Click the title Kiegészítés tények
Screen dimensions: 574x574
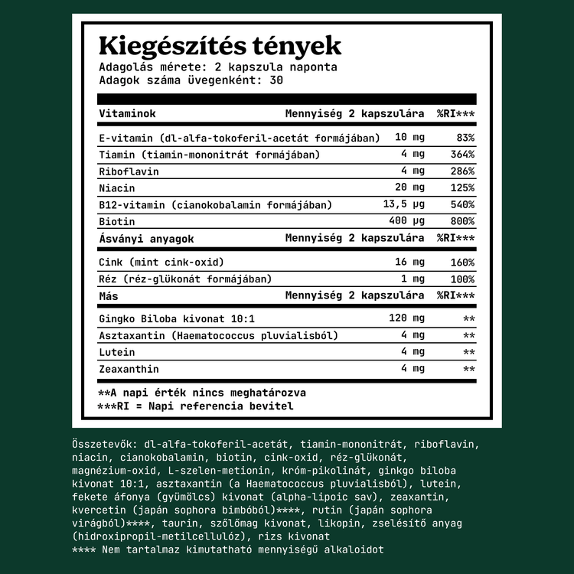click(x=220, y=45)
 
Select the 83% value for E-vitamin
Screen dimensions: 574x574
click(x=465, y=138)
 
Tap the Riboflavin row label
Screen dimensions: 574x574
click(x=129, y=171)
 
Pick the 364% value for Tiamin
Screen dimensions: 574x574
click(x=461, y=155)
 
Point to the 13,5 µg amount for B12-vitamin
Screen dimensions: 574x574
click(x=403, y=205)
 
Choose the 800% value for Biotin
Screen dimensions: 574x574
click(x=461, y=221)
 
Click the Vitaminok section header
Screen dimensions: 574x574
click(x=127, y=113)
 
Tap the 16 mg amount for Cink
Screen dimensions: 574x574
click(x=409, y=263)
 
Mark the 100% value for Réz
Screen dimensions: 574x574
click(x=461, y=279)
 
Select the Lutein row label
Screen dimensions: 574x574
click(x=116, y=352)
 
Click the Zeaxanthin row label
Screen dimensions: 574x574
click(x=129, y=369)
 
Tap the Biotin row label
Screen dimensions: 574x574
click(x=116, y=221)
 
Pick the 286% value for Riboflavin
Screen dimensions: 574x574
click(x=461, y=171)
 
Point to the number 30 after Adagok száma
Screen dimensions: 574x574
click(x=277, y=80)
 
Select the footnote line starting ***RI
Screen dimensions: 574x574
click(x=195, y=406)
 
